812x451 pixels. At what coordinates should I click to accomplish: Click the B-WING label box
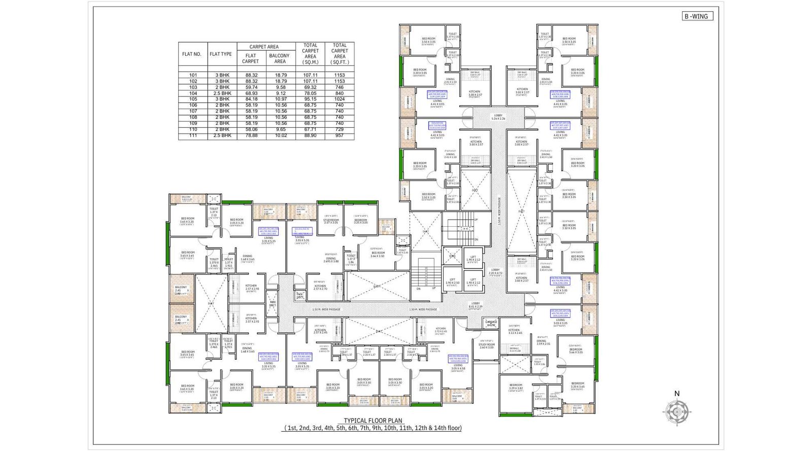click(697, 16)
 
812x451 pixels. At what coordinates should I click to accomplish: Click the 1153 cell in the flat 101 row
click(339, 75)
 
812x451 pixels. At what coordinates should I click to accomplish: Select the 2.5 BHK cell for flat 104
click(222, 93)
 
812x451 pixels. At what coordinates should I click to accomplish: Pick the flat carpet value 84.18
click(251, 99)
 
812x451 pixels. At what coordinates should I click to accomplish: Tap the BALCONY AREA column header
click(280, 58)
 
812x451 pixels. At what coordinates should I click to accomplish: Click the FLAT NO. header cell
click(192, 54)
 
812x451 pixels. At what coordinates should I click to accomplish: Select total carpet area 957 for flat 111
click(339, 135)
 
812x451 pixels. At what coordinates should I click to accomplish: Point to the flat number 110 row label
click(193, 129)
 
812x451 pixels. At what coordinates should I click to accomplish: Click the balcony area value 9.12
click(280, 93)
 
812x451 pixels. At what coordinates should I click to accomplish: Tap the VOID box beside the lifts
click(452, 256)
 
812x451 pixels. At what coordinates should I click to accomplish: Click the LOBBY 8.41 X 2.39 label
click(476, 305)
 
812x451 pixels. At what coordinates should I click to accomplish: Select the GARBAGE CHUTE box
click(491, 323)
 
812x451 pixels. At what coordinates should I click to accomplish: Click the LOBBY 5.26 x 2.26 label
click(498, 117)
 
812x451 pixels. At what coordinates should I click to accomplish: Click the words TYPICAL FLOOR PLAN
click(373, 421)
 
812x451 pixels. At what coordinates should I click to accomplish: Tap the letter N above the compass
click(676, 394)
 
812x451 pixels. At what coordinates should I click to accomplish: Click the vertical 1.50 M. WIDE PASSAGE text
click(499, 211)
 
